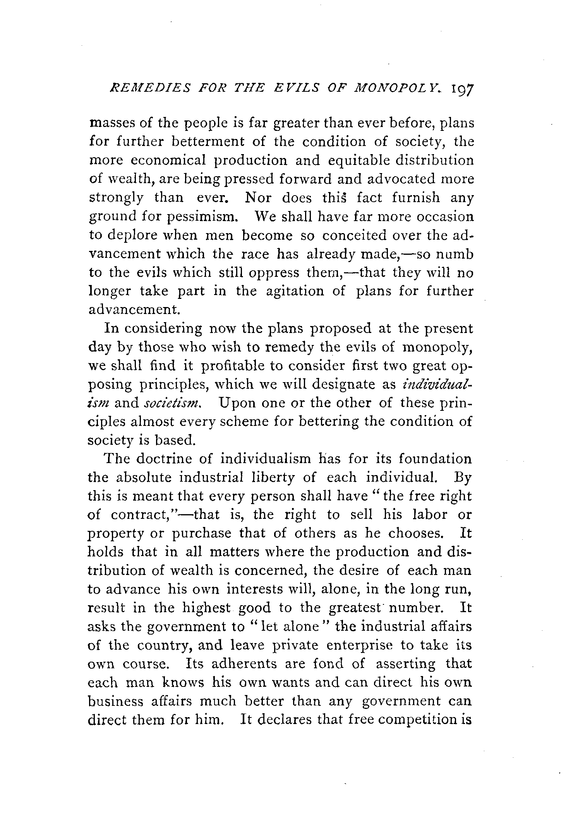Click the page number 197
[460, 94]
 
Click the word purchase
[202, 534]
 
